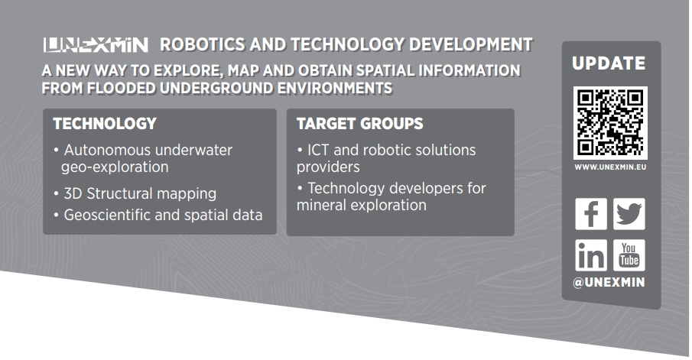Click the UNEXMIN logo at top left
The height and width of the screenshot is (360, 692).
coord(96,45)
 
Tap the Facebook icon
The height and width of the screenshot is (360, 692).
coord(591,214)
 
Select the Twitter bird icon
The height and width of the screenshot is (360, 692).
coord(629,214)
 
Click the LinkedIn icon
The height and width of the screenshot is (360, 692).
coord(591,255)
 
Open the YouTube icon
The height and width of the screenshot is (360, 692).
coord(629,255)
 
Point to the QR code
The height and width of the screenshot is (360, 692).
coord(610,123)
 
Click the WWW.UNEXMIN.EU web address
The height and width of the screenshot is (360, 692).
coord(610,167)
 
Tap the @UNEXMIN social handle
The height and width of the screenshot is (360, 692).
coord(609,282)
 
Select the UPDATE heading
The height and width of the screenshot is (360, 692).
coord(609,63)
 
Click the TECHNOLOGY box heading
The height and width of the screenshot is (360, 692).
coord(105,124)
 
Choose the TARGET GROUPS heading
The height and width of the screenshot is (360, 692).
coord(359,124)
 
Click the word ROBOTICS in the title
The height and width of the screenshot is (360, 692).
coord(203,44)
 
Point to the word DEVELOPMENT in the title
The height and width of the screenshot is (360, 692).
coord(471,44)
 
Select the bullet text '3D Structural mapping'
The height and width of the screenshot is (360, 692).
coord(140,193)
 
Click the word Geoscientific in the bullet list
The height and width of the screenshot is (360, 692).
coord(107,216)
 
